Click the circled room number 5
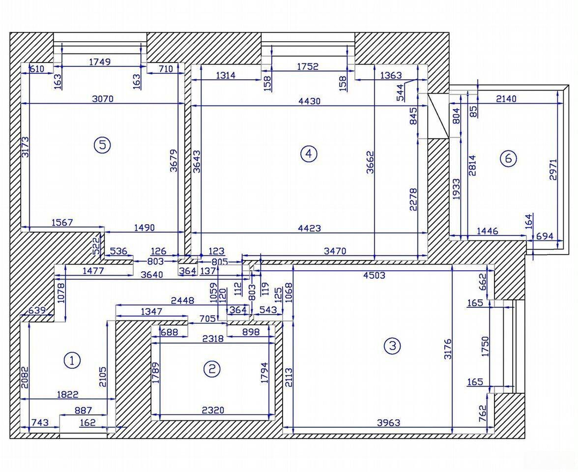[102, 145]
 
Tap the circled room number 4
[309, 154]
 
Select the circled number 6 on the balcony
[508, 159]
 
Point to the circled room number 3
[392, 346]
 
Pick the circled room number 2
[212, 369]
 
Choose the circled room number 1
[72, 360]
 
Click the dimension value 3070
[103, 99]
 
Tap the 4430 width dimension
[310, 101]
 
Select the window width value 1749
[100, 62]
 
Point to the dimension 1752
[307, 66]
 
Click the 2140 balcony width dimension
[506, 98]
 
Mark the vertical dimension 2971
[552, 170]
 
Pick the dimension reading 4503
[374, 275]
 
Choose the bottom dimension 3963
[389, 423]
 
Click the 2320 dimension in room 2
[213, 410]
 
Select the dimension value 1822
[68, 394]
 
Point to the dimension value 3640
[151, 275]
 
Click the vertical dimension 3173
[25, 147]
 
